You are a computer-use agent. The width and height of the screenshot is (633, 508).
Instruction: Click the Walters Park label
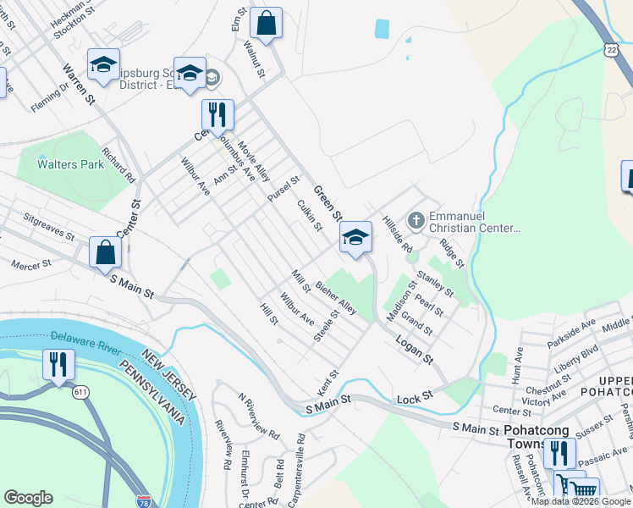70,164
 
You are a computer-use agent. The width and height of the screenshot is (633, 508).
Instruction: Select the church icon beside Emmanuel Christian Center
416,220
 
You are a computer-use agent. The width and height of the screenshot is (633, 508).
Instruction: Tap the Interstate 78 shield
144,501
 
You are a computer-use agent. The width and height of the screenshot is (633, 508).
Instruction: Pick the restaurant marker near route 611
58,365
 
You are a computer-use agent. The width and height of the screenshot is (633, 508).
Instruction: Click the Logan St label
412,347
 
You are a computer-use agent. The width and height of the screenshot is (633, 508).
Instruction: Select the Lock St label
415,395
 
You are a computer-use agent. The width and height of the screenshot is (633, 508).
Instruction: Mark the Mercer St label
31,264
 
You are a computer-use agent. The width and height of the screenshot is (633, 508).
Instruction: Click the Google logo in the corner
28,498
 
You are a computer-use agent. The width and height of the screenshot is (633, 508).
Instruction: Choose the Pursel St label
283,189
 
